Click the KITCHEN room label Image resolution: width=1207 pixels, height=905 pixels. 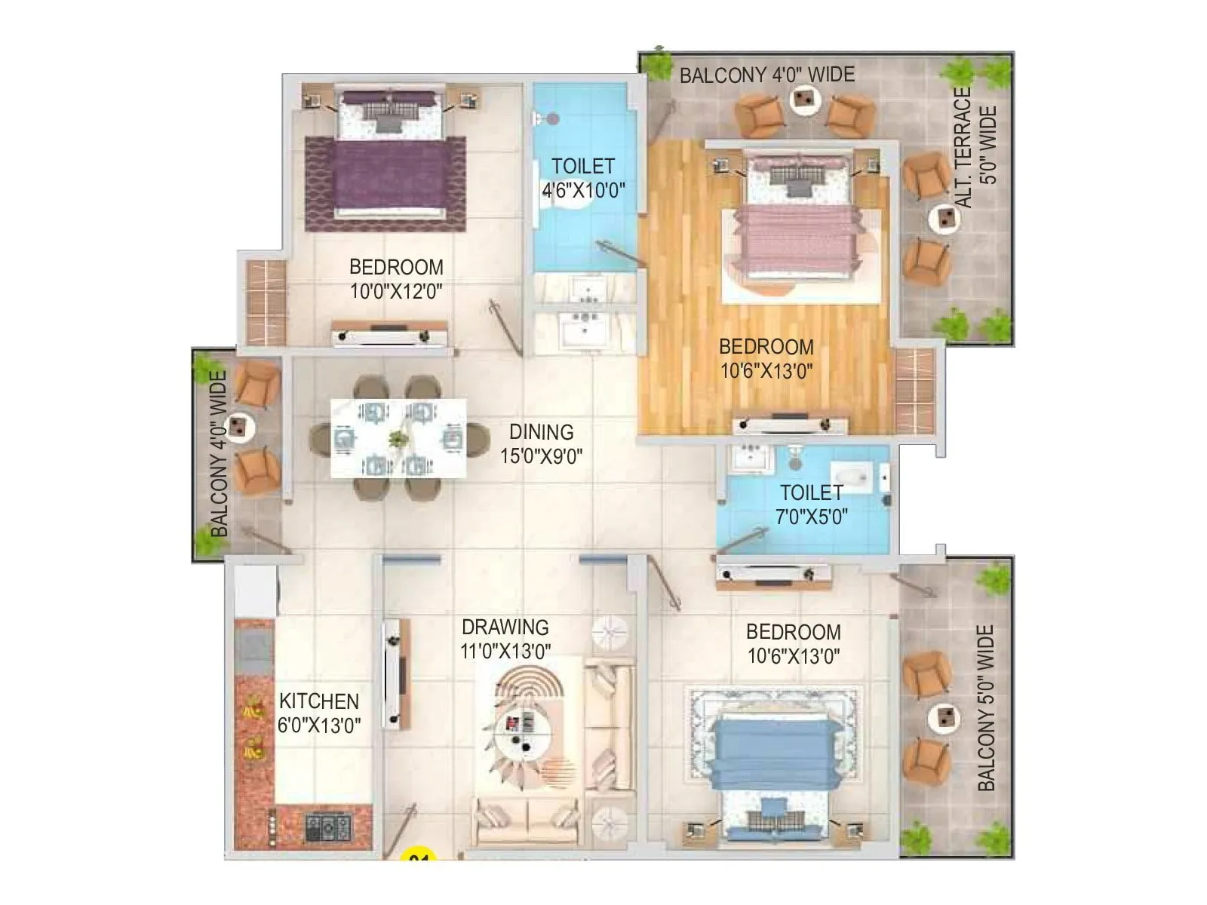click(x=318, y=701)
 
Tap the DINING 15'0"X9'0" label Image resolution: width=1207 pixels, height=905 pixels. click(x=541, y=443)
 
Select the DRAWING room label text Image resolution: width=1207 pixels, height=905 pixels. click(x=505, y=627)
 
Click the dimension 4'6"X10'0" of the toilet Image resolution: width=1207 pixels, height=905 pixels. click(x=583, y=190)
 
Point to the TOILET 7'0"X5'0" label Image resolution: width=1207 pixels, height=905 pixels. click(x=811, y=505)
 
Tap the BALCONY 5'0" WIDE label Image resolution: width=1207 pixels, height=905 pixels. click(x=986, y=707)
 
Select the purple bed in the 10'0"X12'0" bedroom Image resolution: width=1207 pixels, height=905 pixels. click(x=385, y=162)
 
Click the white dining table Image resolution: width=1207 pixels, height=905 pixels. click(x=398, y=438)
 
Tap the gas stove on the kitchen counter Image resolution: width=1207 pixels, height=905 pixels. click(x=328, y=827)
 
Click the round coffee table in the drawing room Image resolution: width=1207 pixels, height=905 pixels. click(x=523, y=729)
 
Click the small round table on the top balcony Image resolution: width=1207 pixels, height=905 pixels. click(x=804, y=98)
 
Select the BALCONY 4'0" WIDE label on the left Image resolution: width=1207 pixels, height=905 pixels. click(x=219, y=454)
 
